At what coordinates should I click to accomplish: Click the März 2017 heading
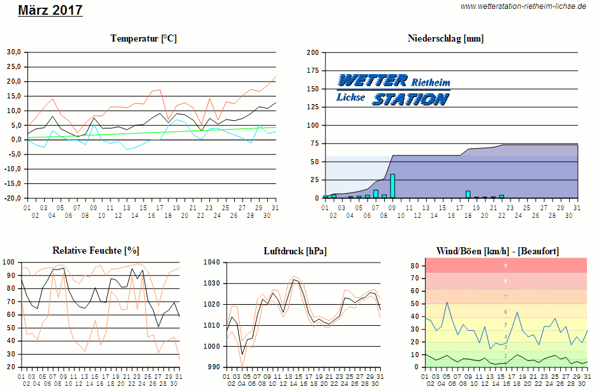[50, 10]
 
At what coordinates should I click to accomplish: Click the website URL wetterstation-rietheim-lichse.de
[523, 6]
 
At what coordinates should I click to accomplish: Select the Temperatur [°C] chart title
[144, 39]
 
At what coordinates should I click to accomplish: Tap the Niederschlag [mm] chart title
[445, 39]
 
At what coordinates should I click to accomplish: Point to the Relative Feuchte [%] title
[96, 250]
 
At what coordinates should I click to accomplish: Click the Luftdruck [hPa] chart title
[295, 250]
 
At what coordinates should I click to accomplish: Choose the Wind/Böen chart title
[497, 250]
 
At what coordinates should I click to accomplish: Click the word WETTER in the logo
[373, 80]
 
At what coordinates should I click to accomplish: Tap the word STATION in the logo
[410, 99]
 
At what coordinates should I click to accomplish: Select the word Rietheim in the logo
[431, 82]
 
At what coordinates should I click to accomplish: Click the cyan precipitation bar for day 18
[468, 194]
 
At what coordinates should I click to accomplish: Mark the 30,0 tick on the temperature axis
[14, 52]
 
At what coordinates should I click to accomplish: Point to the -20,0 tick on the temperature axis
[13, 198]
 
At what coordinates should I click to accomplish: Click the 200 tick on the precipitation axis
[313, 52]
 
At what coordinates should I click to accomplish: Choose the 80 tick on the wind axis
[414, 266]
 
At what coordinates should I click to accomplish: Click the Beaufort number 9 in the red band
[506, 265]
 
